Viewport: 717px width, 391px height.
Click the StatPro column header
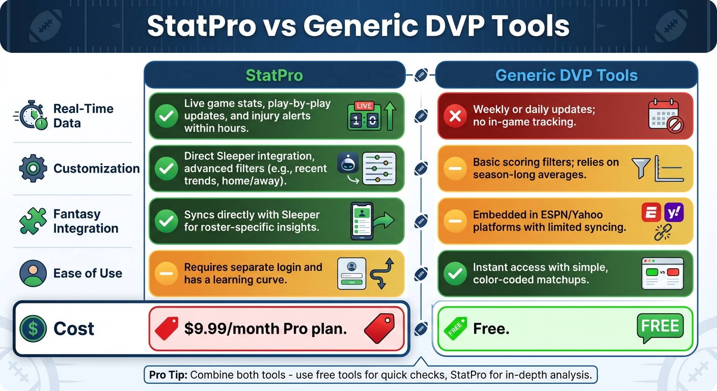pyautogui.click(x=274, y=75)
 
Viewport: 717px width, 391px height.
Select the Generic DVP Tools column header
pyautogui.click(x=566, y=75)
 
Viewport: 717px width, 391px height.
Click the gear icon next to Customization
pyautogui.click(x=33, y=169)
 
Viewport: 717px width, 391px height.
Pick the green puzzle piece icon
pyautogui.click(x=33, y=221)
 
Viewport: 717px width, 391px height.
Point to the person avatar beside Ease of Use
pyautogui.click(x=33, y=273)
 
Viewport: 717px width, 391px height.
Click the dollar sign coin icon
pyautogui.click(x=33, y=328)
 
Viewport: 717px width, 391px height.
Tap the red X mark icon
pyautogui.click(x=455, y=117)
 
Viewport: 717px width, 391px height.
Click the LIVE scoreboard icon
pyautogui.click(x=364, y=116)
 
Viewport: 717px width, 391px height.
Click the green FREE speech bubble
pyautogui.click(x=659, y=327)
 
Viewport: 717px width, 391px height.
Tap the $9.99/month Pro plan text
pyautogui.click(x=265, y=328)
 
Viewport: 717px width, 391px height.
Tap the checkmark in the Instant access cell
pyautogui.click(x=455, y=273)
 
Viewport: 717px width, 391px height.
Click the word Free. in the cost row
pyautogui.click(x=491, y=328)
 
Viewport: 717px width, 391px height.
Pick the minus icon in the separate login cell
pyautogui.click(x=166, y=273)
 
